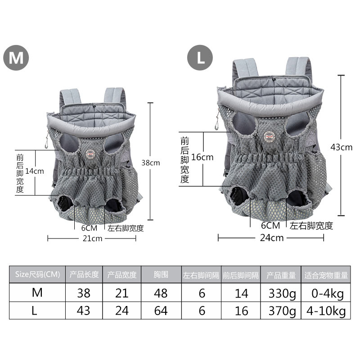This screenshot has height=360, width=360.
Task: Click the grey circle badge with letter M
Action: click(16, 58)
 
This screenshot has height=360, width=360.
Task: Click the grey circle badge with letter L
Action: click(200, 58)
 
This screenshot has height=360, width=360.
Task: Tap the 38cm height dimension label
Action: click(151, 163)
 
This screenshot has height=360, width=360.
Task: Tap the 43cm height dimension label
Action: click(342, 147)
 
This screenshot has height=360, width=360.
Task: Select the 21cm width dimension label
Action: click(92, 238)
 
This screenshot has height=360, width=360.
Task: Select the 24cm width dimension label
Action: click(272, 238)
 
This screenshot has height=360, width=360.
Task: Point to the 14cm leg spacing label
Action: click(35, 171)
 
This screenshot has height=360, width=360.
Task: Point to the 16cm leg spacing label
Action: click(202, 157)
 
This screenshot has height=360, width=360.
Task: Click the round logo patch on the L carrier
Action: click(269, 137)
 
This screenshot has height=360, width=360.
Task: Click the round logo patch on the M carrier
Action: click(90, 154)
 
